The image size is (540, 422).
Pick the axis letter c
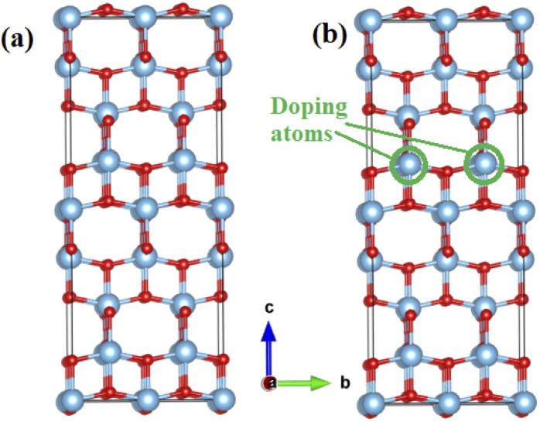(x=268, y=308)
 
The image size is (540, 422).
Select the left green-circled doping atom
(x=409, y=164)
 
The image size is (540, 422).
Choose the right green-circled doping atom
(x=486, y=164)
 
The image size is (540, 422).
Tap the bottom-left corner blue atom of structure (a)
(x=68, y=401)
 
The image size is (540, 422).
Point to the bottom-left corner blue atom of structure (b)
(x=373, y=401)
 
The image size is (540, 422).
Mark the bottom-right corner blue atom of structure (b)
(x=525, y=401)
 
